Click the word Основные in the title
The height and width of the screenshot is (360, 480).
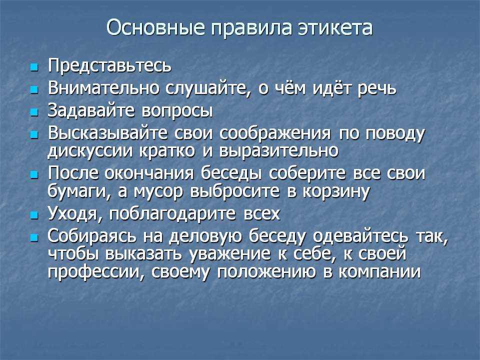click(155, 27)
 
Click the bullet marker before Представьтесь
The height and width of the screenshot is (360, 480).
click(34, 67)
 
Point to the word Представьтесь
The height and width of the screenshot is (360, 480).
click(109, 66)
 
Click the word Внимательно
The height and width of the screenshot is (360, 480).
click(103, 88)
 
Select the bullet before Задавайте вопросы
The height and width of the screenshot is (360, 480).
click(34, 112)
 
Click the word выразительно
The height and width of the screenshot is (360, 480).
click(279, 150)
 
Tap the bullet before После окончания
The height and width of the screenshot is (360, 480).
click(34, 175)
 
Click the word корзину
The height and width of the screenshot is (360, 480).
click(336, 192)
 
